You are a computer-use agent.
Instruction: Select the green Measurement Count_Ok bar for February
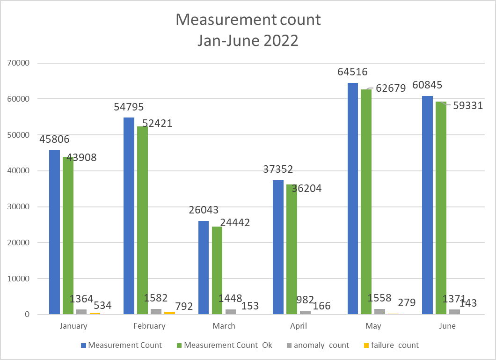[x=142, y=220]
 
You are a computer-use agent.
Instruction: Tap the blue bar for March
[x=204, y=267]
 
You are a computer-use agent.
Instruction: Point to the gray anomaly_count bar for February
[x=156, y=311]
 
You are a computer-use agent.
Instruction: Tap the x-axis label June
[x=447, y=326]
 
